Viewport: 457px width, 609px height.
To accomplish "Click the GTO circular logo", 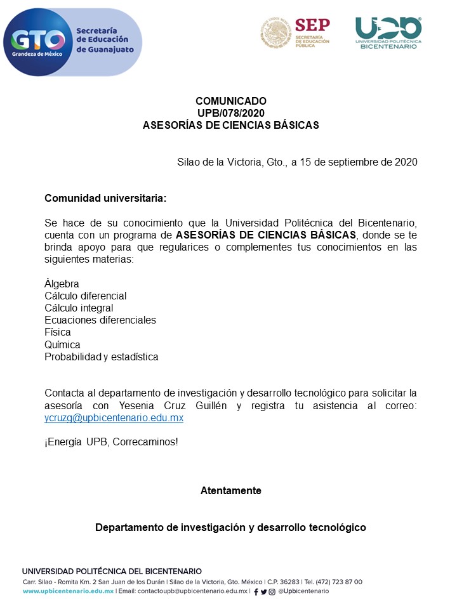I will click(37, 42).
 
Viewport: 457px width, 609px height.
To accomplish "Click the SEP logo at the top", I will click(296, 33).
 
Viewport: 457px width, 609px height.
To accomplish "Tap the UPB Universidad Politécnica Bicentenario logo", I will click(388, 32).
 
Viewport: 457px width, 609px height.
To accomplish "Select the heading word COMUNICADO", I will click(231, 101).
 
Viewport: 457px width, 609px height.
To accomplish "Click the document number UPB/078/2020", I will click(231, 113).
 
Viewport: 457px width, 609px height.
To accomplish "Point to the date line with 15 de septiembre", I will click(297, 162).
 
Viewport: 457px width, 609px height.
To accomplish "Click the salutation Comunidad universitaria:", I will click(105, 198).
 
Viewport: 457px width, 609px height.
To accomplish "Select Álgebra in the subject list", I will click(62, 284).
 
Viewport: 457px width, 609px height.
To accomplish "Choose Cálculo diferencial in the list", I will click(85, 296).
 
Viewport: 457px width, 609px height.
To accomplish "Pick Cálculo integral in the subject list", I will click(79, 308).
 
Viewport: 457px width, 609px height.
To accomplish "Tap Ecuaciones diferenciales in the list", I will click(100, 320).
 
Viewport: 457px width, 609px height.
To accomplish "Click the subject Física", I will click(58, 332).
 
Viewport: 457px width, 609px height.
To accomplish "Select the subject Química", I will click(62, 344).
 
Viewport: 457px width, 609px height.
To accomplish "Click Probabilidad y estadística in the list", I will click(101, 357).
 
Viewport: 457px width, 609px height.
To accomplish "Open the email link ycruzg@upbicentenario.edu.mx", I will click(114, 418).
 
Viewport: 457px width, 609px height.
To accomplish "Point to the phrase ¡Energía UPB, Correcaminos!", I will click(111, 442).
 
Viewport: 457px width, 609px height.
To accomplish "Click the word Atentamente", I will click(231, 490).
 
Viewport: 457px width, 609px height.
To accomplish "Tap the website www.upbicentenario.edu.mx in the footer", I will click(68, 591).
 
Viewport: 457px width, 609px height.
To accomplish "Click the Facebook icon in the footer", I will click(256, 592).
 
